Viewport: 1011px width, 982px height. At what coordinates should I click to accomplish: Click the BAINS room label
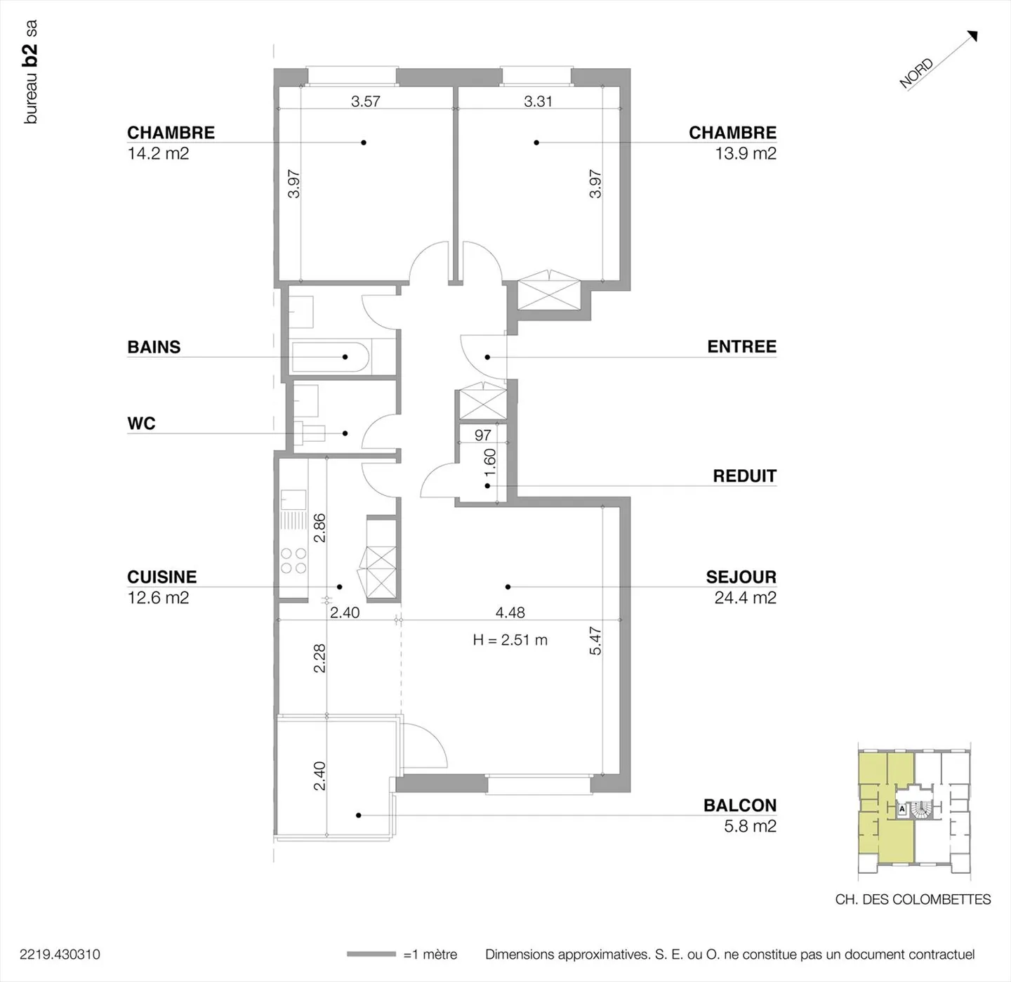pos(154,347)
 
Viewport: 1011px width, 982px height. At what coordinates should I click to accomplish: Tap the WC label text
pos(141,423)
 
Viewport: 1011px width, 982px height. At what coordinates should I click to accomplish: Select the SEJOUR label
pos(741,577)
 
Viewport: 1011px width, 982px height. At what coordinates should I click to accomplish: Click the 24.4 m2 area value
pos(746,598)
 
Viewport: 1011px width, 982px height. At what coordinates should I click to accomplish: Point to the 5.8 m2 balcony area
pos(751,826)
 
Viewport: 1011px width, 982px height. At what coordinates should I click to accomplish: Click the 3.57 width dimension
pos(365,101)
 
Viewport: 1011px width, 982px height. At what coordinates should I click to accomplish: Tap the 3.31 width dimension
pos(538,101)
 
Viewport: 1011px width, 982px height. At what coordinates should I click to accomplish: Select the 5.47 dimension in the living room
pos(595,641)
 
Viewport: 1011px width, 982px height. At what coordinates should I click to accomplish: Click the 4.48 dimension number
pos(510,613)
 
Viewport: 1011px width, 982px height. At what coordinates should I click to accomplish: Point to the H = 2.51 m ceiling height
pos(510,640)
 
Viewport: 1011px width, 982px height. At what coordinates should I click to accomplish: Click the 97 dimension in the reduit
pos(482,435)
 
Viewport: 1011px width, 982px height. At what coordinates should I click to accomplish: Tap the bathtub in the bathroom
pos(331,357)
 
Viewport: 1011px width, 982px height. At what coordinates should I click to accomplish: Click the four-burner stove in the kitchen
pos(293,561)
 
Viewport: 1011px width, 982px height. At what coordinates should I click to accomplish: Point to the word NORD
pos(916,73)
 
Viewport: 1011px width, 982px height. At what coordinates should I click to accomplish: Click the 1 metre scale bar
pos(371,954)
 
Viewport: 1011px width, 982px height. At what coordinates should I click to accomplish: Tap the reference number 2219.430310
pos(60,955)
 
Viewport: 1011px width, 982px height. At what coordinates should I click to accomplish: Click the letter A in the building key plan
pos(902,809)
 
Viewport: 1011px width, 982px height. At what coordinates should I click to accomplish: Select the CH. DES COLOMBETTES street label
pos(913,899)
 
